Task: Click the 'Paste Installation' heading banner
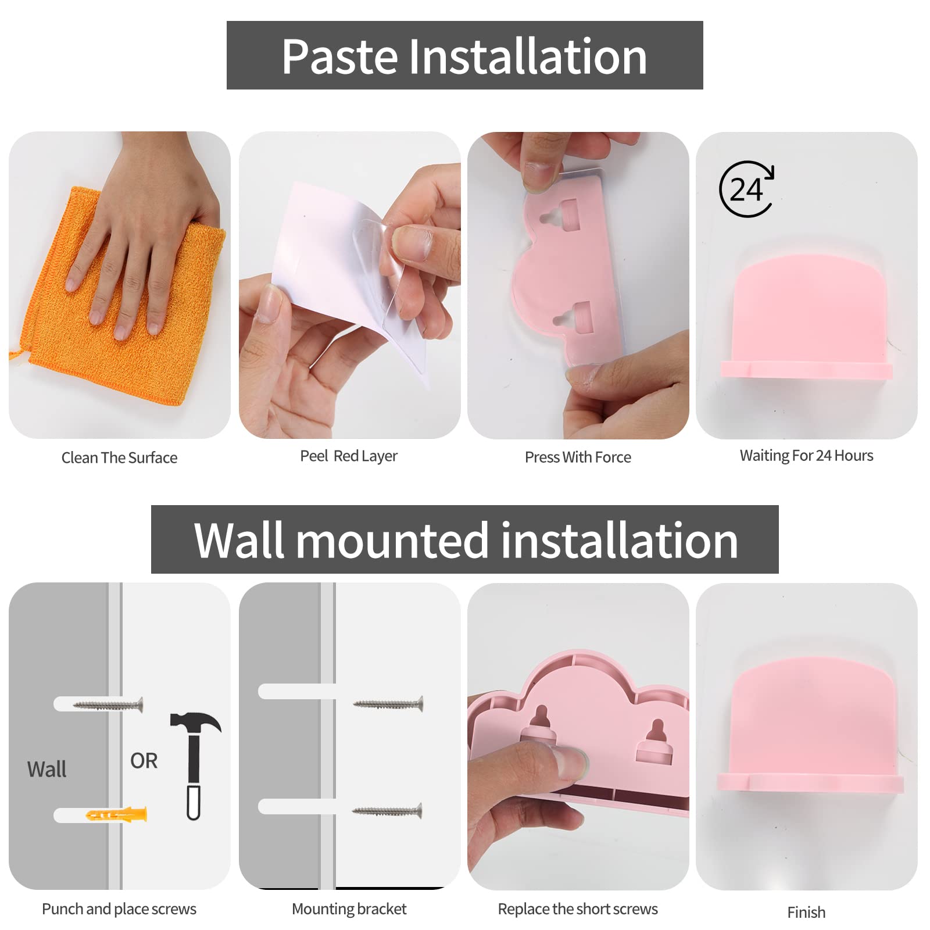pyautogui.click(x=464, y=56)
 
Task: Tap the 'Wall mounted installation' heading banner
pyautogui.click(x=464, y=540)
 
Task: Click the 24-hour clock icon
pyautogui.click(x=747, y=189)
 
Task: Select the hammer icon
pyautogui.click(x=195, y=764)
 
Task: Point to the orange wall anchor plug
pyautogui.click(x=117, y=814)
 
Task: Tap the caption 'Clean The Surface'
pyautogui.click(x=119, y=458)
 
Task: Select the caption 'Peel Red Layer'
pyautogui.click(x=349, y=456)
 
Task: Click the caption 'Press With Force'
pyautogui.click(x=578, y=457)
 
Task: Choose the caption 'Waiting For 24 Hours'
pyautogui.click(x=806, y=456)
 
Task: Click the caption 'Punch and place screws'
pyautogui.click(x=119, y=909)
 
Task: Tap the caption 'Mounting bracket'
pyautogui.click(x=349, y=909)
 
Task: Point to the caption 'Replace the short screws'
pyautogui.click(x=578, y=909)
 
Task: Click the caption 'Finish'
pyautogui.click(x=806, y=913)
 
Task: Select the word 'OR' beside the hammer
pyautogui.click(x=144, y=761)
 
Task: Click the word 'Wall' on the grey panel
pyautogui.click(x=46, y=770)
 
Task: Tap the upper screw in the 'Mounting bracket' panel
pyautogui.click(x=388, y=704)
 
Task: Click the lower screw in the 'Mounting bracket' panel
pyautogui.click(x=387, y=811)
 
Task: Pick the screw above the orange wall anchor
pyautogui.click(x=108, y=705)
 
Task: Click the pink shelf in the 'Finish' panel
pyautogui.click(x=810, y=738)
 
